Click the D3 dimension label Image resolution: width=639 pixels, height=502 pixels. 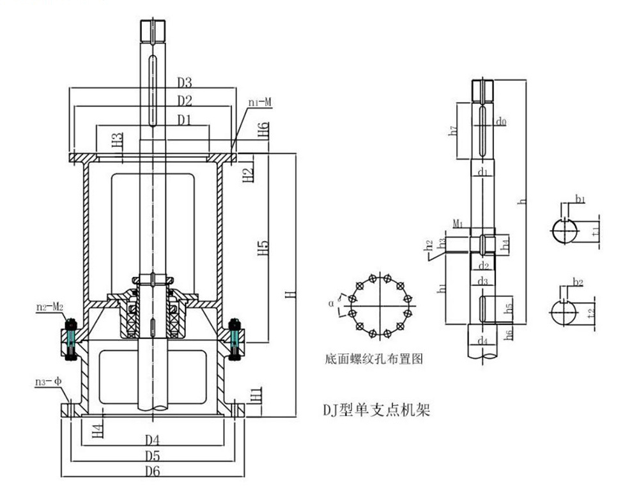pos(185,82)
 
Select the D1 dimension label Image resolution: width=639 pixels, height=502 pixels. pos(185,119)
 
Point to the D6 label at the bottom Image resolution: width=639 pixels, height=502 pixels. pos(152,471)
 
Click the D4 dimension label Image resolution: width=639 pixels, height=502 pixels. pos(152,439)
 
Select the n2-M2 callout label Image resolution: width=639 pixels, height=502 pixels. pos(50,307)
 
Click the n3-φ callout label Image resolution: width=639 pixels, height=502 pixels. pos(47,382)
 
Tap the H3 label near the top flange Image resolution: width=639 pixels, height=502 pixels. pos(116,141)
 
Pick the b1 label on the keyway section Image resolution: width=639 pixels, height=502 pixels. pos(580,200)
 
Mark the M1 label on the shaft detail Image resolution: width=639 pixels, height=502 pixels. pos(458,224)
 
